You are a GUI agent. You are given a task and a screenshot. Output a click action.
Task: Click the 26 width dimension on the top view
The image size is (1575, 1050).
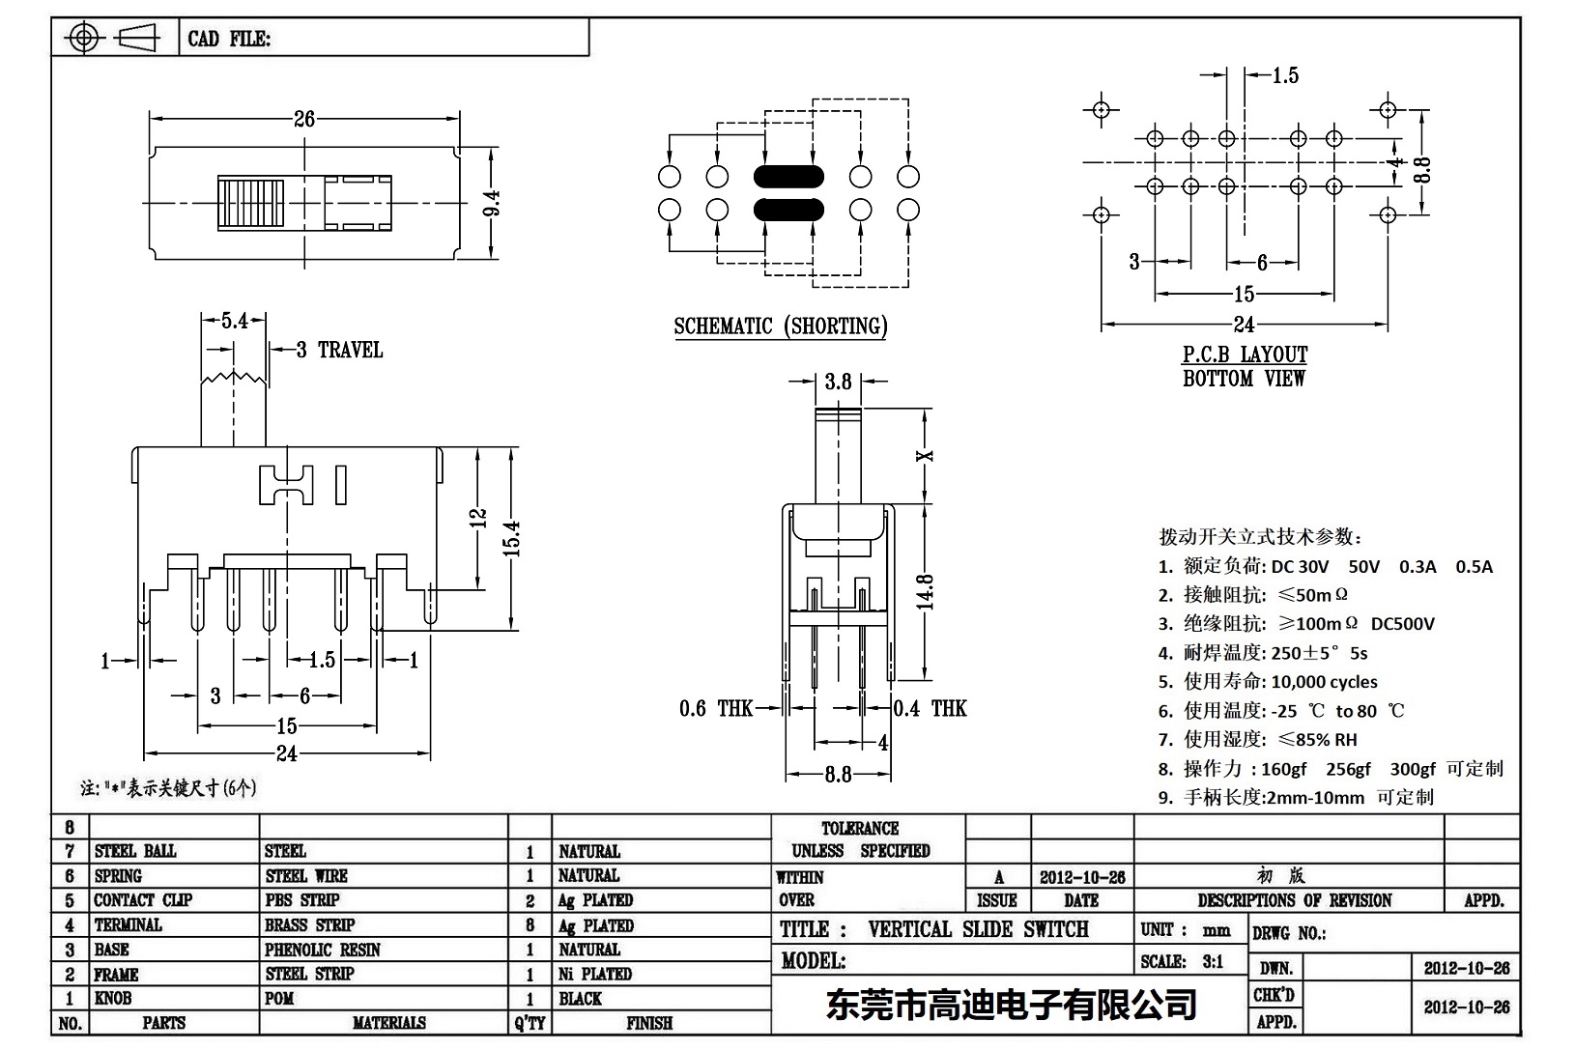click(304, 119)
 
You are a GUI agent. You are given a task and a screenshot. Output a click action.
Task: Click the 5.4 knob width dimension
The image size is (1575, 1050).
click(235, 321)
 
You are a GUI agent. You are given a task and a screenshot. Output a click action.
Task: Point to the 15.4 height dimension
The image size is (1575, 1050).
click(512, 538)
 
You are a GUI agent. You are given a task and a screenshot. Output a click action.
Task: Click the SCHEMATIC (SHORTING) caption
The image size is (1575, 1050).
click(780, 326)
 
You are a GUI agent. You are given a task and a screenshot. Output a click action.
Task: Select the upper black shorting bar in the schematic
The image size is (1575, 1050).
click(787, 177)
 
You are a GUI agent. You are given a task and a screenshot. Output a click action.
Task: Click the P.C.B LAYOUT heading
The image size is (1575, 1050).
click(1245, 355)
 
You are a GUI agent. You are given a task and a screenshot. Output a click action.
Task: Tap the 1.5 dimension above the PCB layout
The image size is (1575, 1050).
click(1284, 75)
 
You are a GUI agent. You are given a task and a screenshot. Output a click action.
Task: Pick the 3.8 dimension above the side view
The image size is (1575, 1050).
click(838, 382)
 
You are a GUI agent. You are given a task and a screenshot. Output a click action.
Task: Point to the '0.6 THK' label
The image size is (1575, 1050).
click(715, 709)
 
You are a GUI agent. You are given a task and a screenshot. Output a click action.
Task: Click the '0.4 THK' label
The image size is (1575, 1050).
click(930, 709)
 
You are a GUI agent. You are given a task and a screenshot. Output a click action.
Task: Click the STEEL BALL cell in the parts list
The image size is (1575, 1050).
click(135, 851)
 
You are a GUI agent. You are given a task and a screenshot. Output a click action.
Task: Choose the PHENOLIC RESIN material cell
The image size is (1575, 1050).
click(322, 950)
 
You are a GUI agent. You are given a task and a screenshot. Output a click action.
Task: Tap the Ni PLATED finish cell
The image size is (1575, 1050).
click(594, 974)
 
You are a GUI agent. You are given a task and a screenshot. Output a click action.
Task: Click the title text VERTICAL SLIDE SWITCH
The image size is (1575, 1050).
click(978, 929)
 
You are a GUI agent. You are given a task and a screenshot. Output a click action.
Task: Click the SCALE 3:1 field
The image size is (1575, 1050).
click(1182, 961)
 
